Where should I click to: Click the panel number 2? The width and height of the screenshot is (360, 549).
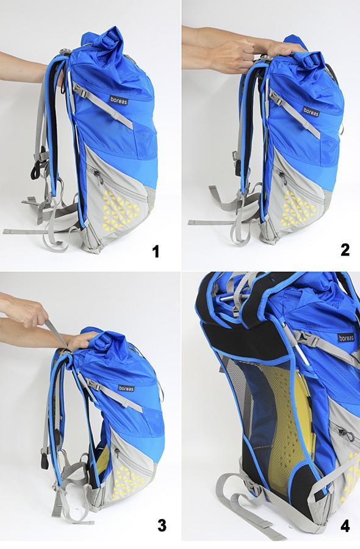click(345, 249)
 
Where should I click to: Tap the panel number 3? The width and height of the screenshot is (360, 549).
click(162, 525)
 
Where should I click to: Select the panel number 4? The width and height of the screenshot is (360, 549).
click(345, 526)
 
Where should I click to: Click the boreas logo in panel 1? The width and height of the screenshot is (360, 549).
click(119, 100)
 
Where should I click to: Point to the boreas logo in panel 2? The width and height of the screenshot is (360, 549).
click(311, 112)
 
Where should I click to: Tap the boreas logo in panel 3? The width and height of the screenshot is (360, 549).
click(126, 388)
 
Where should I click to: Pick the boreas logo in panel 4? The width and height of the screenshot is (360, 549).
click(347, 338)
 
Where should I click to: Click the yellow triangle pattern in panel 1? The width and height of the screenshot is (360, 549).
click(121, 209)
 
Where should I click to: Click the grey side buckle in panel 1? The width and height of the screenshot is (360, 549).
click(82, 92)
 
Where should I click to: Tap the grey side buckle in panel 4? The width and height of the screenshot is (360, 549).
click(309, 339)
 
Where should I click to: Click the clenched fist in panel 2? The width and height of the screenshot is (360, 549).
click(232, 56)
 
